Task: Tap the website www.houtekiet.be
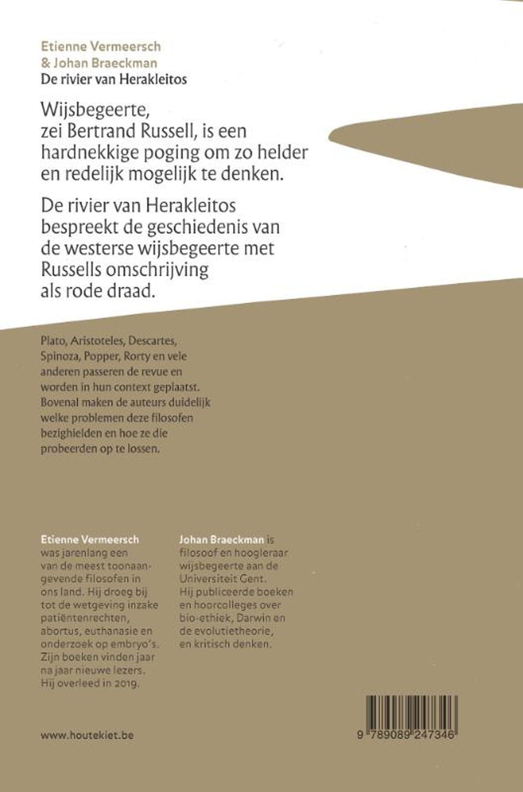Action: (87, 735)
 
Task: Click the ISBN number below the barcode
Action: (407, 735)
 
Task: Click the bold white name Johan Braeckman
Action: (222, 539)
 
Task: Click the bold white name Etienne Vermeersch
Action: (90, 539)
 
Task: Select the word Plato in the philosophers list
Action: (52, 341)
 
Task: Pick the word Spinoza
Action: (60, 356)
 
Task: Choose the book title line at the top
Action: (114, 79)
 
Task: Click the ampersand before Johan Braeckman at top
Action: (45, 63)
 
